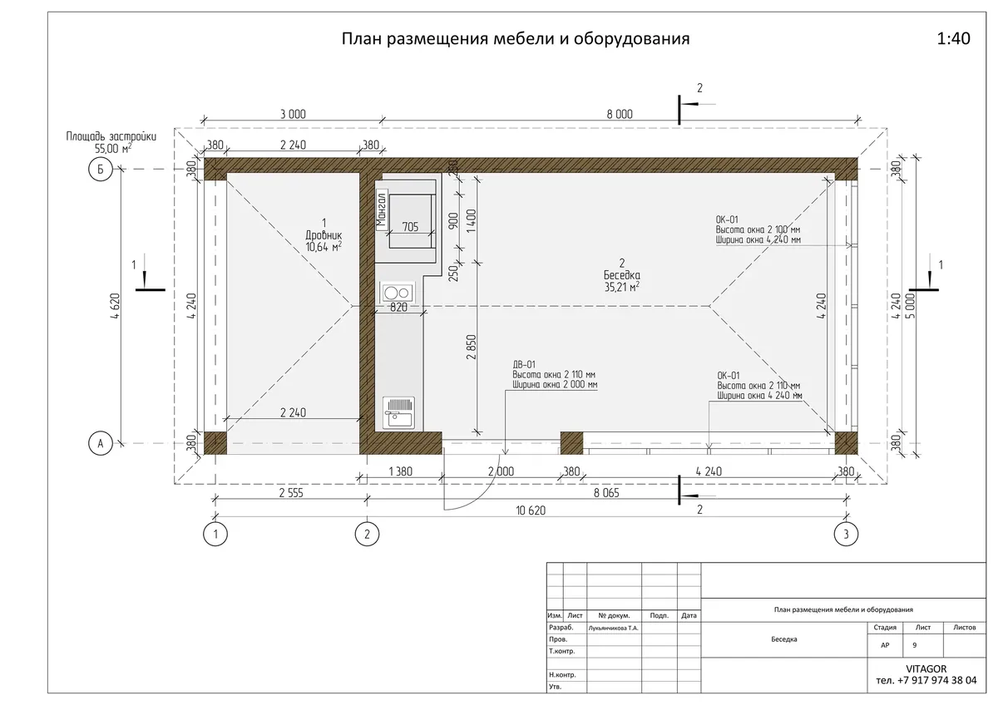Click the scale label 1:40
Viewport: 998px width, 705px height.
(x=953, y=39)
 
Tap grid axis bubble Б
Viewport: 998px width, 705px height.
(x=101, y=170)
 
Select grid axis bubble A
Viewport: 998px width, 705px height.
(x=101, y=444)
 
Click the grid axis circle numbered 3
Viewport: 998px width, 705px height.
(x=846, y=534)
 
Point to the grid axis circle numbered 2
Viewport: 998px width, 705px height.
(x=367, y=534)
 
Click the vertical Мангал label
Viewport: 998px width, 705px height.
(x=381, y=210)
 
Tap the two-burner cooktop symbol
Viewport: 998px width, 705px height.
(x=397, y=293)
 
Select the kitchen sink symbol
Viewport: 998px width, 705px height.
(x=398, y=413)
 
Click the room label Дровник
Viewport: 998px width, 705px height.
(x=324, y=234)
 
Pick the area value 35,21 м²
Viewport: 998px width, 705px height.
(x=621, y=287)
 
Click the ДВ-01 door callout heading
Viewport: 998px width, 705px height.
(x=524, y=365)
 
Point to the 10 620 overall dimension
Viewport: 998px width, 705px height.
(x=531, y=510)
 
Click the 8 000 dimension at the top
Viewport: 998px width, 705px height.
(x=620, y=115)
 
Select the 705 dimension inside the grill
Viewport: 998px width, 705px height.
(x=410, y=227)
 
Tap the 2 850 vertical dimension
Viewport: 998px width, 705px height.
(x=472, y=347)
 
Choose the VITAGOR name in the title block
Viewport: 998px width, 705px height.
(x=926, y=669)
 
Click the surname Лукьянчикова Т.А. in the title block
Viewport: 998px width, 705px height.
(x=613, y=628)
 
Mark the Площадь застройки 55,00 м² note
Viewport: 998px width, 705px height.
(x=111, y=142)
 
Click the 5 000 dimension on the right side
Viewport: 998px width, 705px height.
(x=911, y=306)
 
